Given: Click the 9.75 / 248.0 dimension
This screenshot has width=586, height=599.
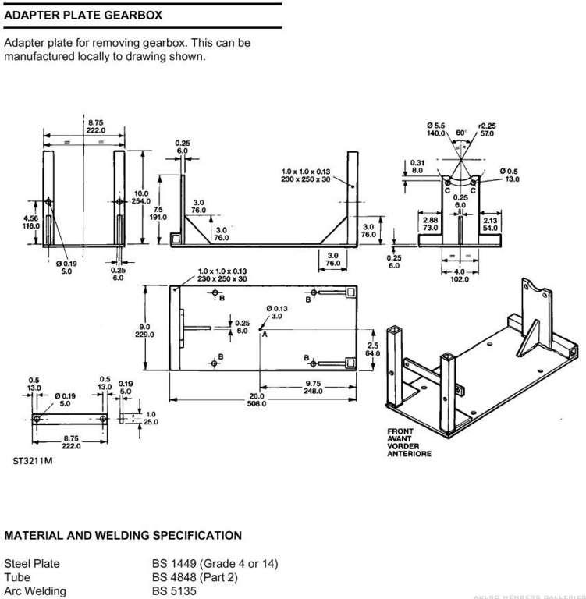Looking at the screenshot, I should tap(314, 387).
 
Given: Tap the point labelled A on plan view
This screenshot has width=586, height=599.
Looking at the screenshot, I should tap(265, 332).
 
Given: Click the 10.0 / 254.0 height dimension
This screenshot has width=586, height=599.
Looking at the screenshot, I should tap(141, 197).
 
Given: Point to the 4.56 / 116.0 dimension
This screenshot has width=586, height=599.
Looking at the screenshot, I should tap(31, 222).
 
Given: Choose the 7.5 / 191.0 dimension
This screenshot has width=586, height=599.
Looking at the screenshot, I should tap(159, 214).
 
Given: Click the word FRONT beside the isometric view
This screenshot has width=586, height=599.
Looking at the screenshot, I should tap(401, 431).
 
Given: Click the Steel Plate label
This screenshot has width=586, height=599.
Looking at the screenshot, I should tap(32, 563).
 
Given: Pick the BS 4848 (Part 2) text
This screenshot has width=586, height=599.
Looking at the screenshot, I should tap(194, 577).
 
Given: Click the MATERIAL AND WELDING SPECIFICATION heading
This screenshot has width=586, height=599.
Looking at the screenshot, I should tap(123, 536).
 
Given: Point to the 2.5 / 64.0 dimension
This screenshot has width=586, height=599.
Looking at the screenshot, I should tap(372, 349).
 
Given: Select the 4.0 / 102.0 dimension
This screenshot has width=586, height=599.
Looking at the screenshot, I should tap(460, 275).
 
